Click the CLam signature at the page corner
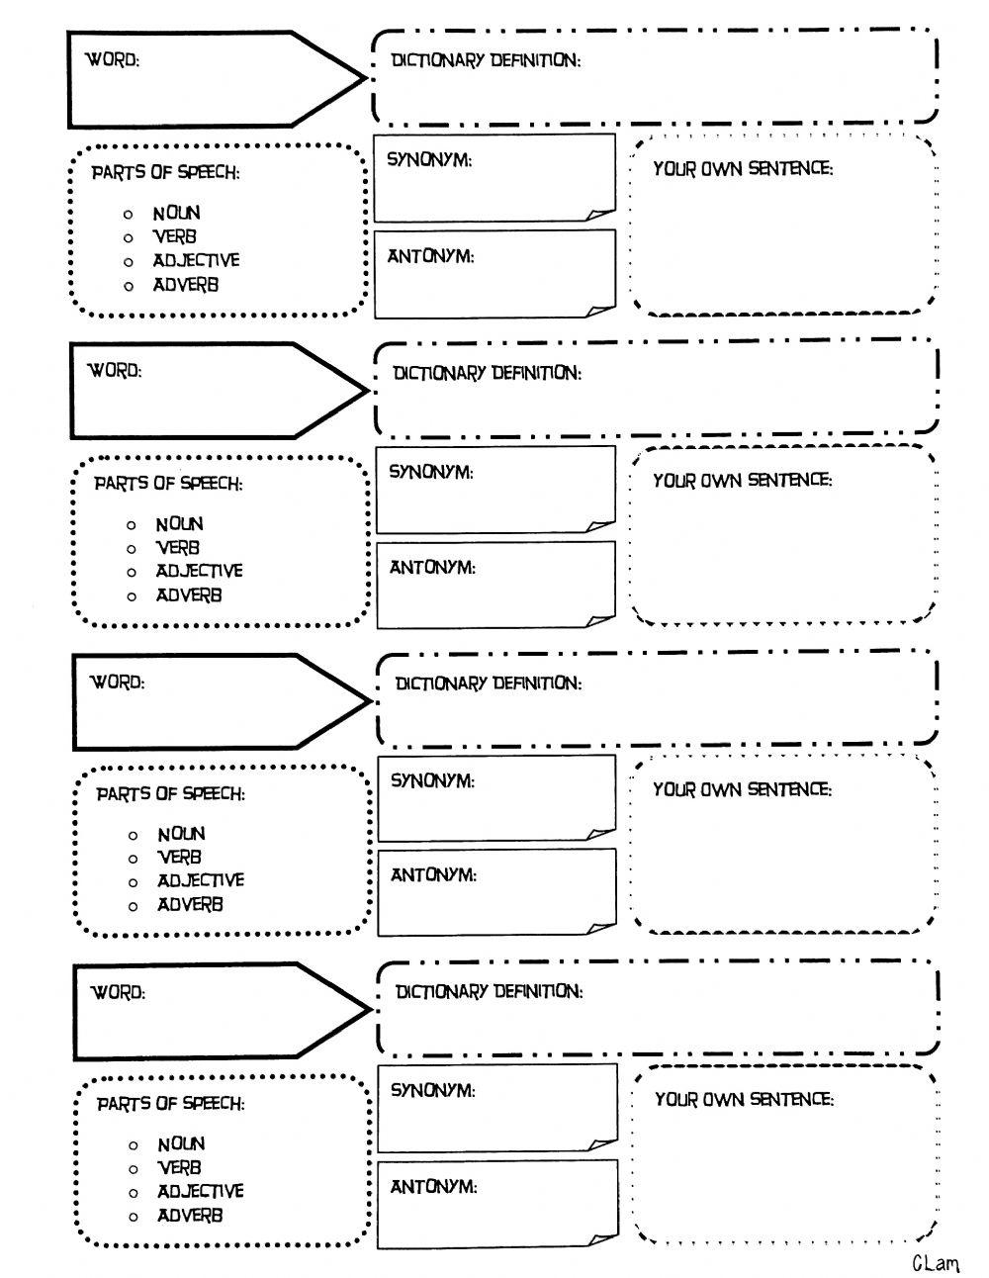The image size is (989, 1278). point(935,1261)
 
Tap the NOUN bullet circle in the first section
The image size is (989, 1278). point(128,214)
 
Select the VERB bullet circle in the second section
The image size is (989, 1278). point(132,549)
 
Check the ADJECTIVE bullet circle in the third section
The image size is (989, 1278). point(133,882)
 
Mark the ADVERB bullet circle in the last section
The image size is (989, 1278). point(133,1217)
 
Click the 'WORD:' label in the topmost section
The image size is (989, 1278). point(113,59)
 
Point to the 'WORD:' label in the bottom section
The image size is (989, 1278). point(118,992)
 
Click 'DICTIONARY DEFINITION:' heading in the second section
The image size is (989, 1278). point(488,372)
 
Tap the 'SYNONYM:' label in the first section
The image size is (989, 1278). point(429,159)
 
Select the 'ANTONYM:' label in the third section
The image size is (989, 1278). point(434,875)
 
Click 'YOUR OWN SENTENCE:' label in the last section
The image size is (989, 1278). point(745,1099)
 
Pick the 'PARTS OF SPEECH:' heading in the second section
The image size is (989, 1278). point(168,484)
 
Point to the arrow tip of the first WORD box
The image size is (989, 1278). point(366,79)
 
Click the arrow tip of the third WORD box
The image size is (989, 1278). point(371,701)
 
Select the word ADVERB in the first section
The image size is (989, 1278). point(186,285)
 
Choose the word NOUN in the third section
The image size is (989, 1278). point(181,834)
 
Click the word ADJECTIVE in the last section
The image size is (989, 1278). point(201,1191)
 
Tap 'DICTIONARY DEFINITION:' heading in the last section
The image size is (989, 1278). point(490,991)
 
